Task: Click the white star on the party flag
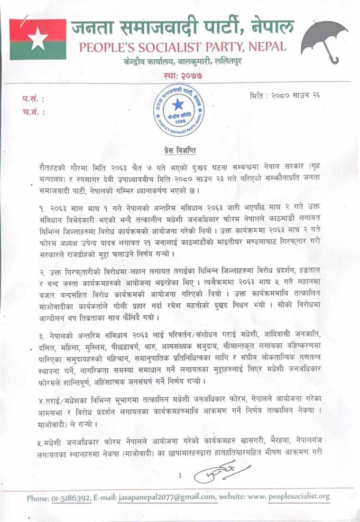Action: click(x=38, y=40)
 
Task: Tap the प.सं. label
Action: click(x=33, y=99)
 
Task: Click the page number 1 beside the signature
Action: click(x=180, y=476)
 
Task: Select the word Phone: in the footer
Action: click(x=39, y=497)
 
